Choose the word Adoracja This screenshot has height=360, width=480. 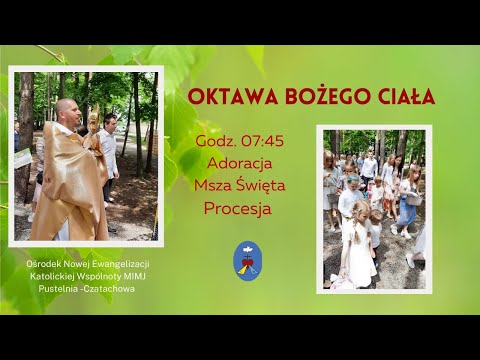[x=239, y=162]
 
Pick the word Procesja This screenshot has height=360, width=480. [x=237, y=209]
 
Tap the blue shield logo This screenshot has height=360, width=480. [x=247, y=260]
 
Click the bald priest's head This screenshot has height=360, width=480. [x=67, y=109]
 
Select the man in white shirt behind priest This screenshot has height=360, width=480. [x=109, y=150]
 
